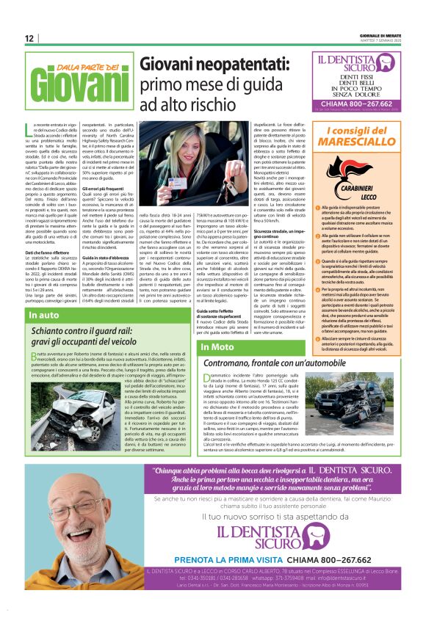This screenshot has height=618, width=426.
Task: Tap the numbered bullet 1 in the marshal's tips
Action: pyautogui.click(x=314, y=210)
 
